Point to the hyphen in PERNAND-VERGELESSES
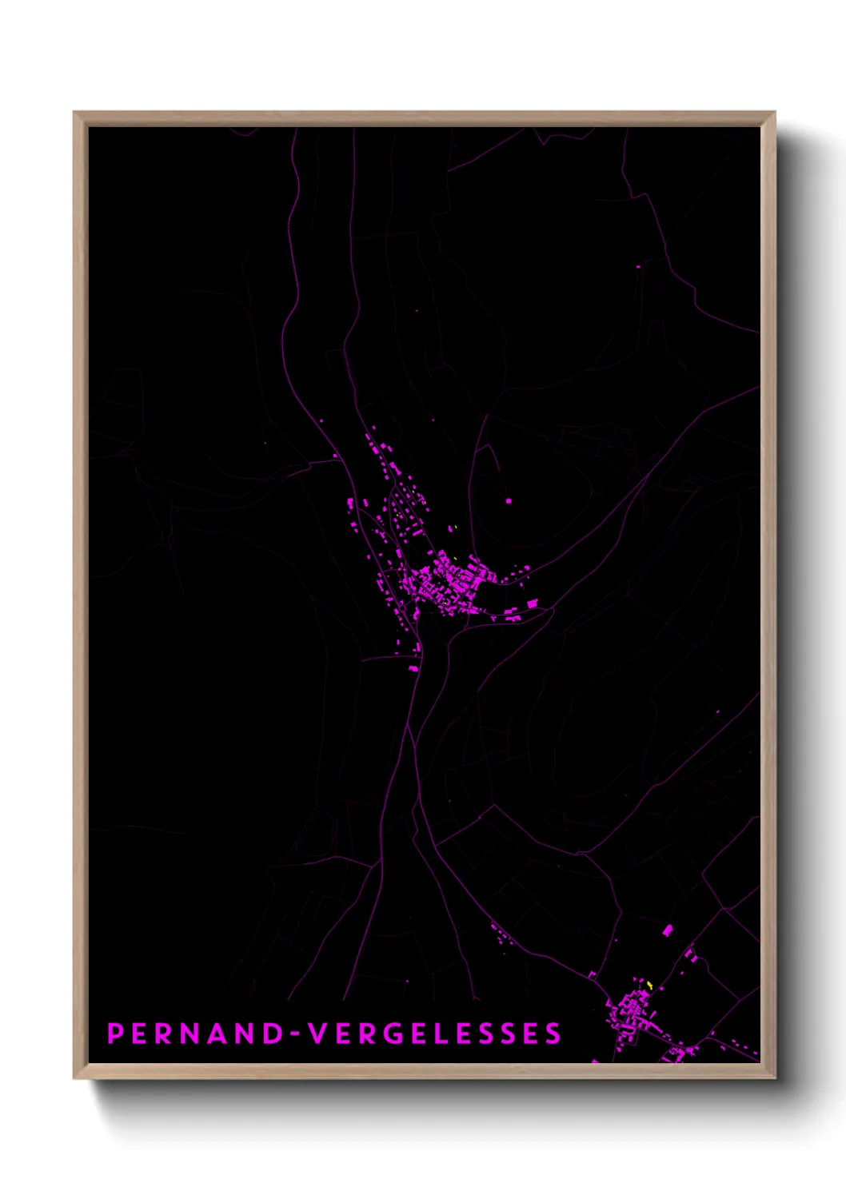point(296,1034)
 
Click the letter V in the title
point(319,1034)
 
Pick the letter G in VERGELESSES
point(397,1034)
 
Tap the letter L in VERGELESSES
point(449,1034)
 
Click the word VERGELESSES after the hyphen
point(436,1034)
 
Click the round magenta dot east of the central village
point(509,501)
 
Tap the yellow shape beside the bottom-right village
point(650,985)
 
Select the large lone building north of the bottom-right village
point(668,930)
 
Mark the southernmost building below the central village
point(413,667)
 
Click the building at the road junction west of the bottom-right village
point(593,975)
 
